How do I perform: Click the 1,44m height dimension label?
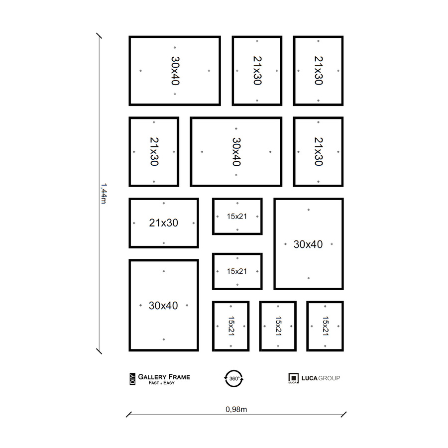(104, 194)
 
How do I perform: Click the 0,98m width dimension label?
(236, 410)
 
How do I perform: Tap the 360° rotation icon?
(234, 378)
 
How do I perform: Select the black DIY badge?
(132, 379)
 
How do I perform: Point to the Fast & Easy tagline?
(161, 383)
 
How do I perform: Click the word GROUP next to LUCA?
(329, 378)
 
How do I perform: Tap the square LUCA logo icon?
(293, 378)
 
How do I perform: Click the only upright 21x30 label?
(163, 223)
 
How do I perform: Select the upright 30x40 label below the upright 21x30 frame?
(163, 306)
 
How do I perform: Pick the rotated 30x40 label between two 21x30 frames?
(236, 152)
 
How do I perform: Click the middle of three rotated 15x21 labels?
(278, 326)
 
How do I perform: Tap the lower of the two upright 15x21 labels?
(237, 271)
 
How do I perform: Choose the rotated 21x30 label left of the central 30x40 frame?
(154, 152)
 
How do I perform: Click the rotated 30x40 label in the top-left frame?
(175, 71)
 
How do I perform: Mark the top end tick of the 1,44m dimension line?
(99, 36)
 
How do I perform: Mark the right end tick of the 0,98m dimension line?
(343, 415)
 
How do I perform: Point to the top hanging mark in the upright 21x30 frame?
(164, 204)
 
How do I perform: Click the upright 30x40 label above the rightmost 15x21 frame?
(308, 244)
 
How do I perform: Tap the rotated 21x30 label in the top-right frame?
(318, 71)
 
